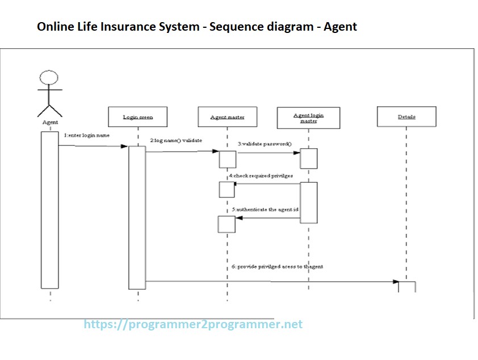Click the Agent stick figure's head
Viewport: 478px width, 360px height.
pyautogui.click(x=49, y=78)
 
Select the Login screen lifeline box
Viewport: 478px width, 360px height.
pyautogui.click(x=138, y=117)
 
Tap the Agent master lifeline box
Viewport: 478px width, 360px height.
pyautogui.click(x=227, y=117)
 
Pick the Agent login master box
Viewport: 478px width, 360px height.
pyautogui.click(x=308, y=118)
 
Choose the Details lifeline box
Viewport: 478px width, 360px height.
pyautogui.click(x=406, y=117)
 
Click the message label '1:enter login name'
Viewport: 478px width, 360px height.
pyautogui.click(x=87, y=136)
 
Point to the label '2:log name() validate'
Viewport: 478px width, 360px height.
pyautogui.click(x=176, y=140)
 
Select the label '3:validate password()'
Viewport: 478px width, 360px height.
pyautogui.click(x=265, y=144)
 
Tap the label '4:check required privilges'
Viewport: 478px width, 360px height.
pyautogui.click(x=261, y=177)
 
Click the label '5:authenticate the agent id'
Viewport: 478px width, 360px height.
pyautogui.click(x=265, y=210)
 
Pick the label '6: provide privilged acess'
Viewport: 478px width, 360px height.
pyautogui.click(x=277, y=266)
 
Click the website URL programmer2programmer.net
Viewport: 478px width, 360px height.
pyautogui.click(x=193, y=325)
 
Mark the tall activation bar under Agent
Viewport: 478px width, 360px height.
pyautogui.click(x=50, y=210)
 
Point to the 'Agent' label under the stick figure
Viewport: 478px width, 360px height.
pyautogui.click(x=50, y=122)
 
